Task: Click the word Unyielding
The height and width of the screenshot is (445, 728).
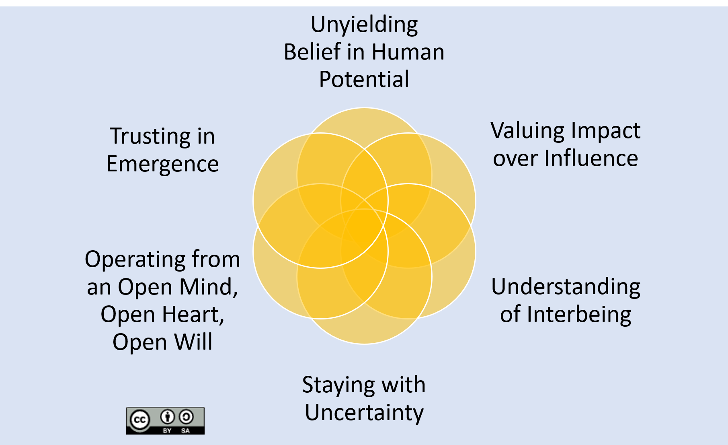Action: pyautogui.click(x=364, y=25)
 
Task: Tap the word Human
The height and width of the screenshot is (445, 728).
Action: pyautogui.click(x=408, y=52)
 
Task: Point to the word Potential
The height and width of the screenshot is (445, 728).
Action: pyautogui.click(x=364, y=79)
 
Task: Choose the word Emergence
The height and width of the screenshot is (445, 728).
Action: pyautogui.click(x=162, y=164)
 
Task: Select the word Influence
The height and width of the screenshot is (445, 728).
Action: pyautogui.click(x=591, y=158)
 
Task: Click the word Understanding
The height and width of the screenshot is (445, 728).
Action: pyautogui.click(x=566, y=287)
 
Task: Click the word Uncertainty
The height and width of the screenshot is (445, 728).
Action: pyautogui.click(x=364, y=413)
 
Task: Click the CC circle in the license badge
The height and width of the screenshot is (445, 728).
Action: pyautogui.click(x=139, y=420)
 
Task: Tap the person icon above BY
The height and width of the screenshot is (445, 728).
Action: pyautogui.click(x=167, y=417)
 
